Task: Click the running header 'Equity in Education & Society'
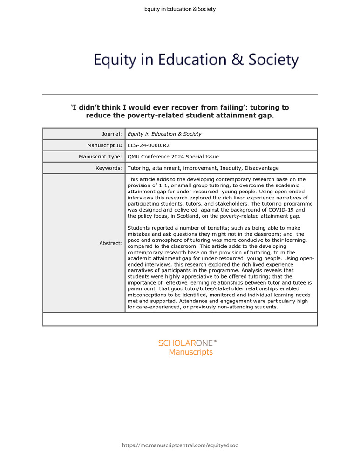180,9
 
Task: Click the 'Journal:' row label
111,134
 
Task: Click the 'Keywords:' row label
108,168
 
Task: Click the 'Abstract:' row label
110,243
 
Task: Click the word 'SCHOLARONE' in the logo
185,343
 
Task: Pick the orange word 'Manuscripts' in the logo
190,352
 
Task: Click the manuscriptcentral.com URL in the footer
180,445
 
